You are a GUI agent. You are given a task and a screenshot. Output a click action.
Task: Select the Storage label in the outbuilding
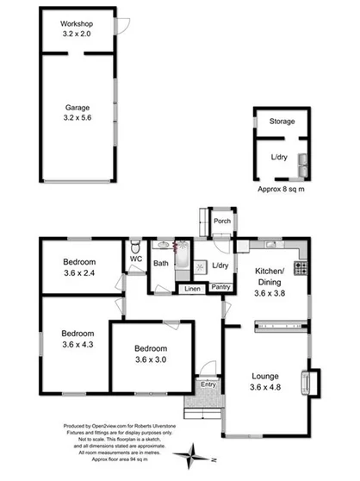point(282,122)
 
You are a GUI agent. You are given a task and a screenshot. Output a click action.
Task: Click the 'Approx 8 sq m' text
point(282,188)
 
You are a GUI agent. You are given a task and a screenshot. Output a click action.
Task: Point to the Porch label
point(221,221)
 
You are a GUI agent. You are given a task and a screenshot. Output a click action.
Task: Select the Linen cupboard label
point(190,288)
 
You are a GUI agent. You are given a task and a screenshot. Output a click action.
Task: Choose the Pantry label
point(220,288)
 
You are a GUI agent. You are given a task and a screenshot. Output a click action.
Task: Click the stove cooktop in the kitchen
point(301,269)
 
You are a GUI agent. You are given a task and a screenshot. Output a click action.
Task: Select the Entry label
point(208,384)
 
